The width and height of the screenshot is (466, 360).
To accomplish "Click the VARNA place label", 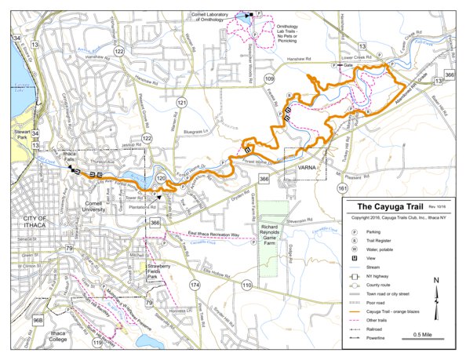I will point(305,168).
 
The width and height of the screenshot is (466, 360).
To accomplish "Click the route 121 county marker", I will point(182,103).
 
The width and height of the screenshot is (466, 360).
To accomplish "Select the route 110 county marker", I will point(246,285).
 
